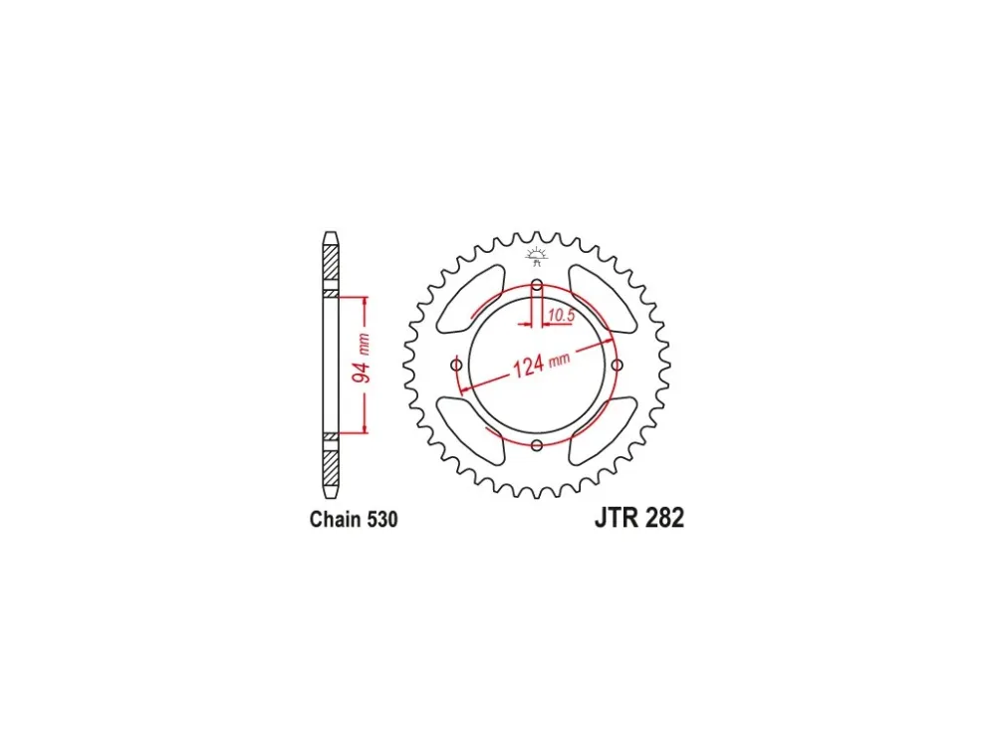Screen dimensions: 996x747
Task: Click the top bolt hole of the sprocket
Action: tap(537, 284)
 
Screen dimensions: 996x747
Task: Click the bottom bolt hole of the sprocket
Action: tap(537, 445)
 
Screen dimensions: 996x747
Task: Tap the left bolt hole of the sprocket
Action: tap(456, 365)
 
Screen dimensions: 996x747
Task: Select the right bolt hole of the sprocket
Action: tap(618, 365)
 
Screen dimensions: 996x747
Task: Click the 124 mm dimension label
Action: tap(541, 364)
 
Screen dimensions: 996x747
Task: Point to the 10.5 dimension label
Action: tap(561, 315)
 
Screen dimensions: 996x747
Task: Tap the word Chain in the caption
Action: tap(334, 519)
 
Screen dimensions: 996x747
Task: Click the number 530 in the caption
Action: tap(381, 519)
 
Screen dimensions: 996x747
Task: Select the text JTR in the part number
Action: tap(617, 518)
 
